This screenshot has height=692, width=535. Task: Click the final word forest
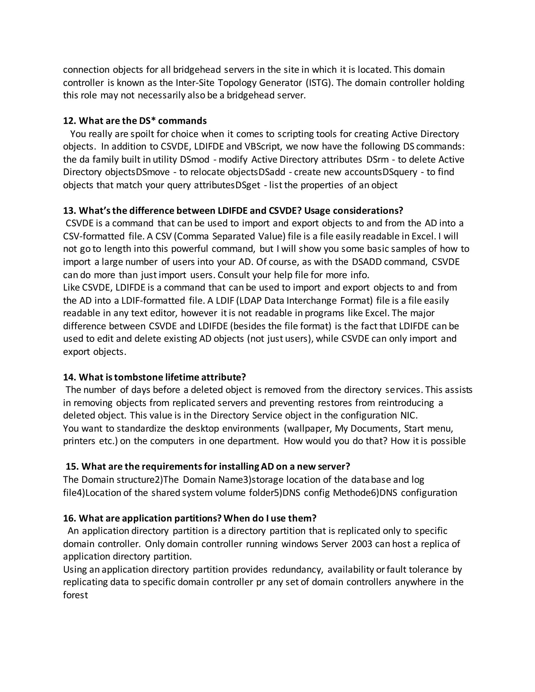pos(75,595)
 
